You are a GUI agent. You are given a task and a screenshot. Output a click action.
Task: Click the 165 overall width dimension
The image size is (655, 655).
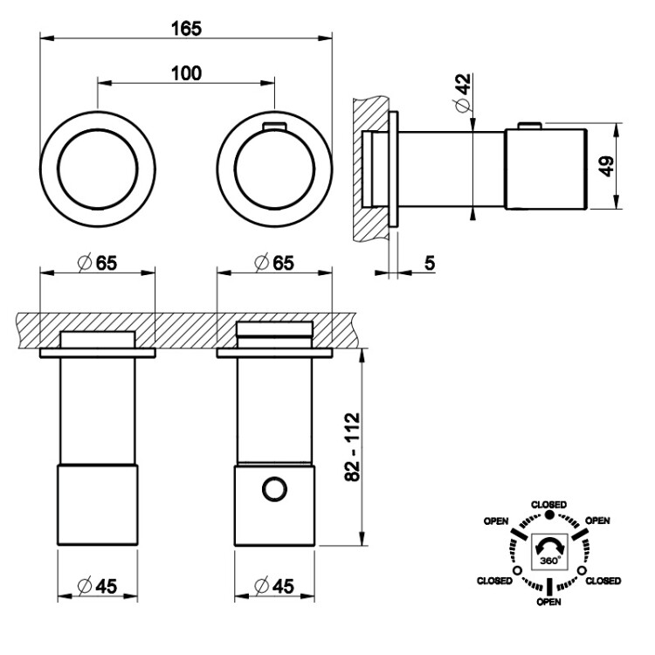tap(186, 28)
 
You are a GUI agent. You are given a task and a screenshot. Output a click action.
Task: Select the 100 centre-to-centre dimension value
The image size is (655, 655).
tap(186, 72)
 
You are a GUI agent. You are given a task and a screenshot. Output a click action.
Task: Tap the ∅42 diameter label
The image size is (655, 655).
tap(463, 91)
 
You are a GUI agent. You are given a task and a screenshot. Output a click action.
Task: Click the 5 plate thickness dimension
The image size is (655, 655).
tap(430, 263)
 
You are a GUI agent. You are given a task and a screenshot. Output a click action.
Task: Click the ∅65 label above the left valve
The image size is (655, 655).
tap(97, 263)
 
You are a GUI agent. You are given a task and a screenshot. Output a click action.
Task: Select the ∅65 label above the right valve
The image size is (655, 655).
tap(272, 263)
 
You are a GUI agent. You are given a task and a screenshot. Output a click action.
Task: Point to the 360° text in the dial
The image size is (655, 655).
tap(549, 564)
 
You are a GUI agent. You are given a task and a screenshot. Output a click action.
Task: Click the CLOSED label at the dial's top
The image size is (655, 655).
tap(549, 505)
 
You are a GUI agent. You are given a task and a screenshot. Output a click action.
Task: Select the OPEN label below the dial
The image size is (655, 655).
tap(549, 602)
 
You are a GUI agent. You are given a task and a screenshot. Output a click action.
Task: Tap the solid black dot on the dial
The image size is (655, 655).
tap(549, 515)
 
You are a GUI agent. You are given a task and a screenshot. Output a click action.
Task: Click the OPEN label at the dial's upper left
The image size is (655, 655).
tap(497, 521)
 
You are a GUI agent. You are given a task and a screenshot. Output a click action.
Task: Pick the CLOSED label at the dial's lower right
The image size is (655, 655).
tap(603, 581)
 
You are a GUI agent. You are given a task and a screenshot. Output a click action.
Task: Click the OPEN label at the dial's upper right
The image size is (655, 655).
tap(597, 521)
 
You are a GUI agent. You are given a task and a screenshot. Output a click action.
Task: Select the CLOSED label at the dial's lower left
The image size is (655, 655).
tap(494, 581)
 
